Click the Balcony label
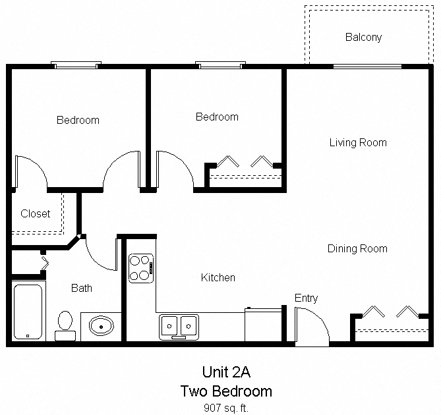tap(363, 38)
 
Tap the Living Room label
tap(358, 142)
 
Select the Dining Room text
tap(357, 248)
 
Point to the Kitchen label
tap(218, 277)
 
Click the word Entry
tap(306, 298)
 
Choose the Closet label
tap(36, 213)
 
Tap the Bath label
tap(82, 288)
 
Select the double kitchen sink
tap(179, 326)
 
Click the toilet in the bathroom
tap(65, 325)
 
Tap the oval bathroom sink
tap(101, 325)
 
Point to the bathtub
tap(28, 310)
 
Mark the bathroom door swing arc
tap(99, 254)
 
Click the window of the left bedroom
tap(76, 65)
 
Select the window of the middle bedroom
tap(221, 65)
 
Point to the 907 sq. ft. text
tap(225, 408)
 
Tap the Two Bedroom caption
tap(225, 391)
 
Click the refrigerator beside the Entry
tap(264, 323)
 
